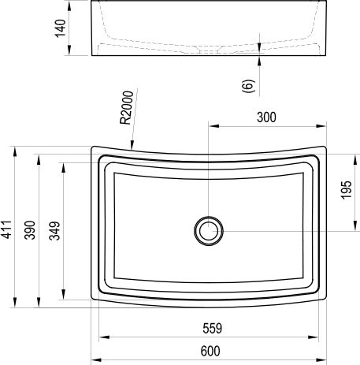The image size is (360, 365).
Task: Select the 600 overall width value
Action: pyautogui.click(x=210, y=351)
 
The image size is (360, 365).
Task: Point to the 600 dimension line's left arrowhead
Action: pyautogui.click(x=93, y=359)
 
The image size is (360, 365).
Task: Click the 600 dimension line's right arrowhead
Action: pyautogui.click(x=325, y=359)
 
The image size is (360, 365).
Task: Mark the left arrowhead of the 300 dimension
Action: pyautogui.click(x=211, y=125)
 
